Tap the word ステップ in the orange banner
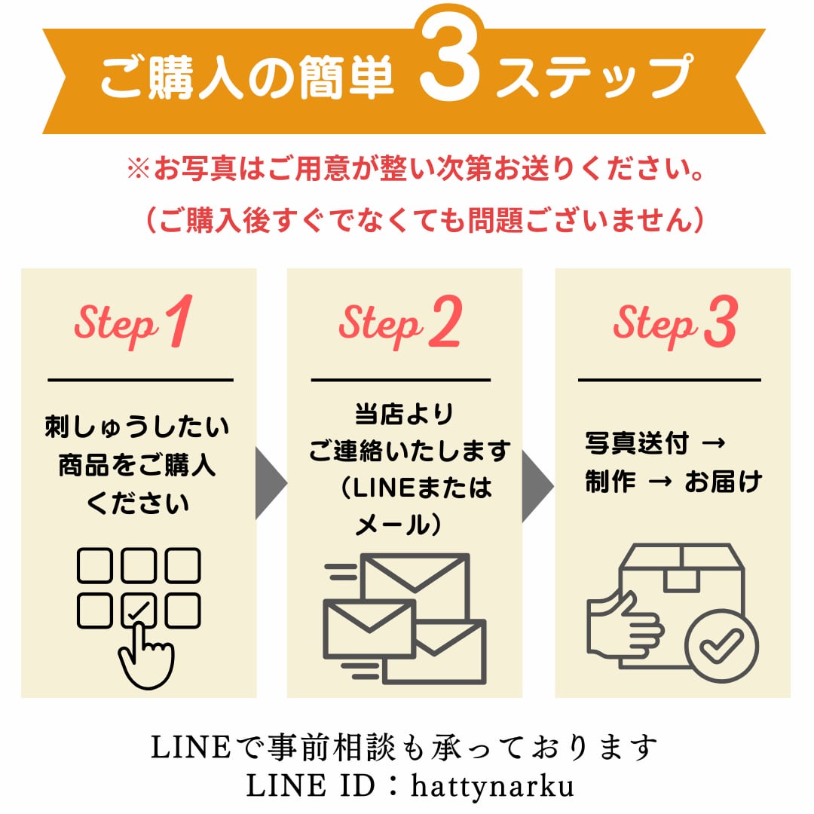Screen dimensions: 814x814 [593, 75]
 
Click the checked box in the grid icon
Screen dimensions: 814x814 [139, 610]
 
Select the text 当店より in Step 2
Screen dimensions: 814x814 [404, 414]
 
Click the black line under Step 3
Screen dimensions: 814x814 [669, 380]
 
